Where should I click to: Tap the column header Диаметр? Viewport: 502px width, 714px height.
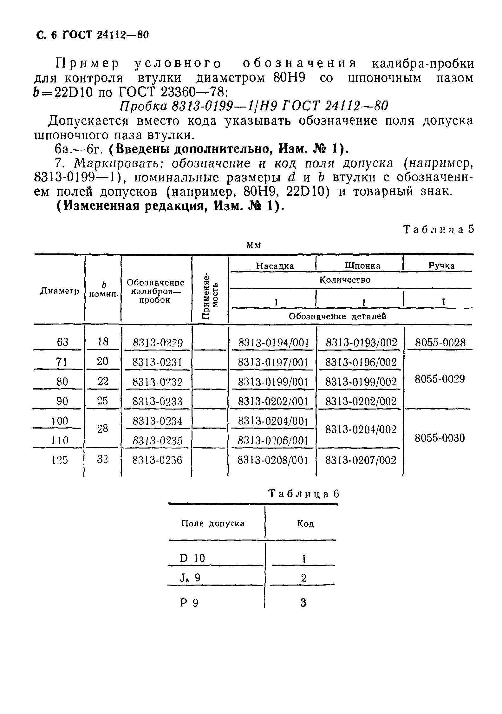(60, 291)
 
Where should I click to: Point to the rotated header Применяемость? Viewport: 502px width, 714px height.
(210, 295)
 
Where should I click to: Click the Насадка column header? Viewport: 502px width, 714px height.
(275, 266)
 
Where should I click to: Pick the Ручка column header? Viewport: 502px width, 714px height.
(441, 266)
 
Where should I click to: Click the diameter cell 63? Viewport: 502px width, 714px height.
(62, 342)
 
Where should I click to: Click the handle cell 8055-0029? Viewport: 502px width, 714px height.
(440, 379)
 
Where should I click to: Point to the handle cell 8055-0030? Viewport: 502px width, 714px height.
(440, 438)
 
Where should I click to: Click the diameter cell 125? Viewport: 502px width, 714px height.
(60, 460)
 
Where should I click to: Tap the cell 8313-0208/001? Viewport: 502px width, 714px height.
(273, 460)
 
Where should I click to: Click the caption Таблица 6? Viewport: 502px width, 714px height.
(304, 494)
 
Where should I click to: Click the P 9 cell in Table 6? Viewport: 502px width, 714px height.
(189, 603)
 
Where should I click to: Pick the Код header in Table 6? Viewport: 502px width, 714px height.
(305, 524)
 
